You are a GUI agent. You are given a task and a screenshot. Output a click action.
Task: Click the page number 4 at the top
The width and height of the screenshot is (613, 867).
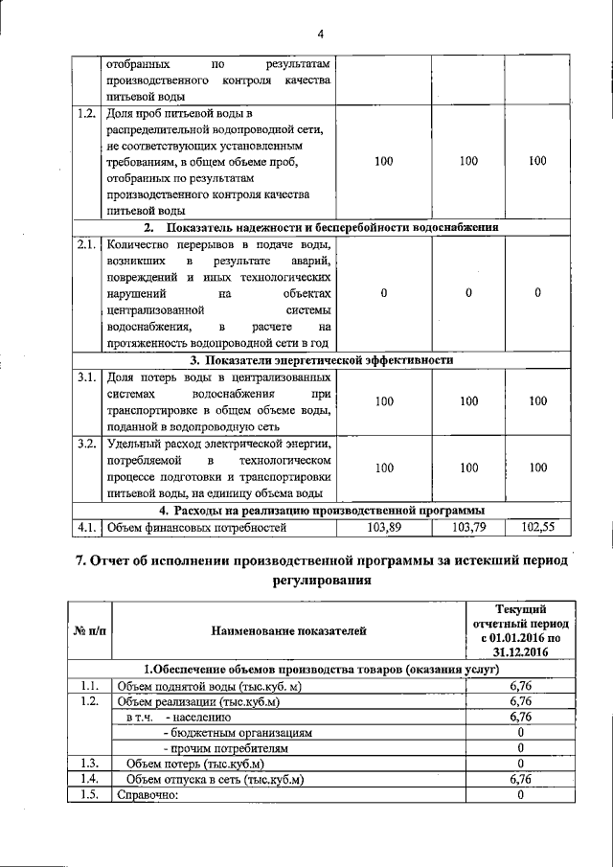(321, 35)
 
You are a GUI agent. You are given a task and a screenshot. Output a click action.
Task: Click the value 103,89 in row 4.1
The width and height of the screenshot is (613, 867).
(383, 526)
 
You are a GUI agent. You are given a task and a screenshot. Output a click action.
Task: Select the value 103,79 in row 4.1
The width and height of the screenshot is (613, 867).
(468, 526)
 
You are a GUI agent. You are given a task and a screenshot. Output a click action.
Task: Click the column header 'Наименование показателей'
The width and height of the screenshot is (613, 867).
(288, 629)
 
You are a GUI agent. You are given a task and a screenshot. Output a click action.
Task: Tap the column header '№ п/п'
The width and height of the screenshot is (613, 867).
(89, 629)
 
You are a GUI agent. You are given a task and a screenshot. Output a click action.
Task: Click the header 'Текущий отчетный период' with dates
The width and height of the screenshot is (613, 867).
(521, 628)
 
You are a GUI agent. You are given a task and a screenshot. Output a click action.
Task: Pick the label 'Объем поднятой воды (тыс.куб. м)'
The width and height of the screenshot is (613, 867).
(209, 686)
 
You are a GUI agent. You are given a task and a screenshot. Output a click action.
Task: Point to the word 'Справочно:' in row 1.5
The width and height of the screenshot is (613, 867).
(148, 794)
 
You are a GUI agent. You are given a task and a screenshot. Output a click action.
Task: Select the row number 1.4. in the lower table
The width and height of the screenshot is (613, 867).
(89, 779)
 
